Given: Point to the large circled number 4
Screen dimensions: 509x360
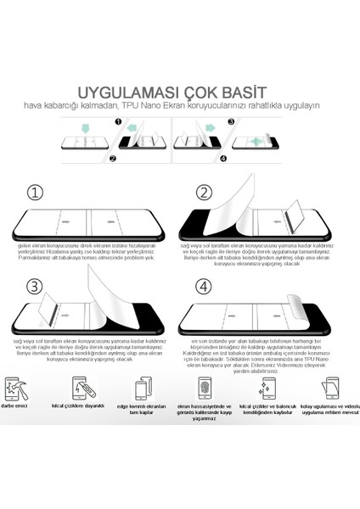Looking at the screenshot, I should point(204,288).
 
